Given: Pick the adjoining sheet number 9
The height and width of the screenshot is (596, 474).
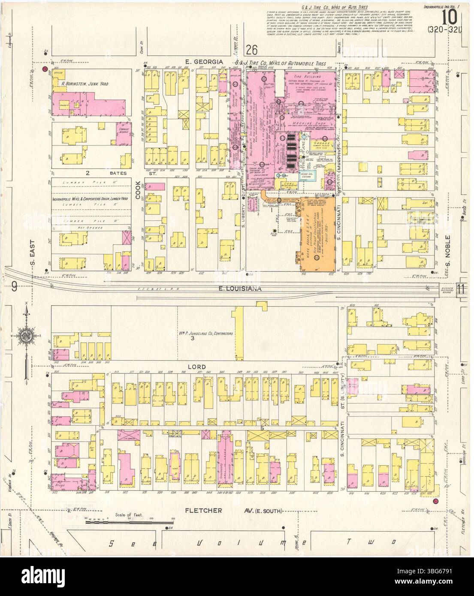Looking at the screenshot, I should [14, 287].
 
